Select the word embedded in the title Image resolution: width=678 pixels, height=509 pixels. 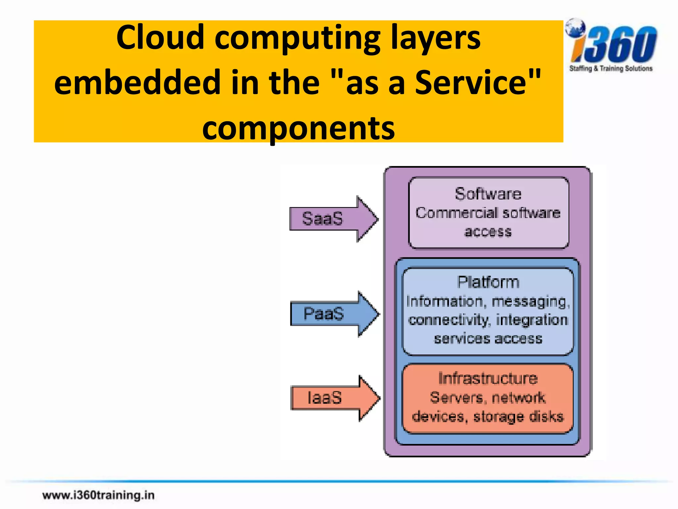pos(137,82)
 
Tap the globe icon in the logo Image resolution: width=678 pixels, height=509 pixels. pos(575,28)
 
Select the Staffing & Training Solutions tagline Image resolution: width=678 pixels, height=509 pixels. pos(611,69)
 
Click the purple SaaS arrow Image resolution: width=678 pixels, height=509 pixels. pos(333,219)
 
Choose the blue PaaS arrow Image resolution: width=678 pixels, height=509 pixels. pos(334,314)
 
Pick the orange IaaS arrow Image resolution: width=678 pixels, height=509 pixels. pos(334,398)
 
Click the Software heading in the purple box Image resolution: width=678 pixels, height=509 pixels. pos(488,194)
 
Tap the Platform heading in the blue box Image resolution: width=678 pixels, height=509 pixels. pos(488,282)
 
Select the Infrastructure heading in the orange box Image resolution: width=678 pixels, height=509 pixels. pos(488,378)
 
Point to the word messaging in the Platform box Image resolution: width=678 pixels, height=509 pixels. pos(530,302)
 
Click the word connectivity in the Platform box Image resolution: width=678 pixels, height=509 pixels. pos(449,320)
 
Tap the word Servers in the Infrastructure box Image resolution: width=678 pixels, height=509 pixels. pos(457,397)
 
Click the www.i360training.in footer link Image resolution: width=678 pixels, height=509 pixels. pos(98,495)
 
